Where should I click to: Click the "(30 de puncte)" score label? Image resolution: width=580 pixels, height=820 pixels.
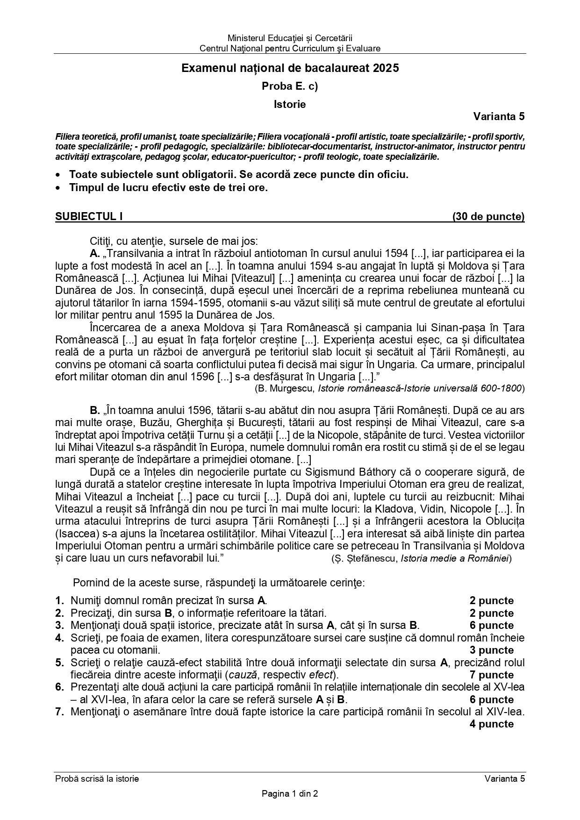tap(488, 216)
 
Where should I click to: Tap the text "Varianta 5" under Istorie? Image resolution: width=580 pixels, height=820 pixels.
tap(499, 116)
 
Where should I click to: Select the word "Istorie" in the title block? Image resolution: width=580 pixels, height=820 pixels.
tap(290, 104)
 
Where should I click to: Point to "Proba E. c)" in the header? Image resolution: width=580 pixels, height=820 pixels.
tap(290, 86)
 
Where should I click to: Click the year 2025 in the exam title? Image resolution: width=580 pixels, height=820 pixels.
tap(386, 68)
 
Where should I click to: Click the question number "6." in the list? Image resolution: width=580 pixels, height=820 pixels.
tap(59, 687)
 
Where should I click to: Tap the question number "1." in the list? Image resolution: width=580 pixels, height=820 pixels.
tap(59, 601)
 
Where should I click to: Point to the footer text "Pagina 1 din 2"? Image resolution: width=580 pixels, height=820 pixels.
tap(290, 793)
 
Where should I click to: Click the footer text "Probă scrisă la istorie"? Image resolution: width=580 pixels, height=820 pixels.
tap(97, 778)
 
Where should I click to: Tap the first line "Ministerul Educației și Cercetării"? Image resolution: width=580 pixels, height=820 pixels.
tap(290, 38)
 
